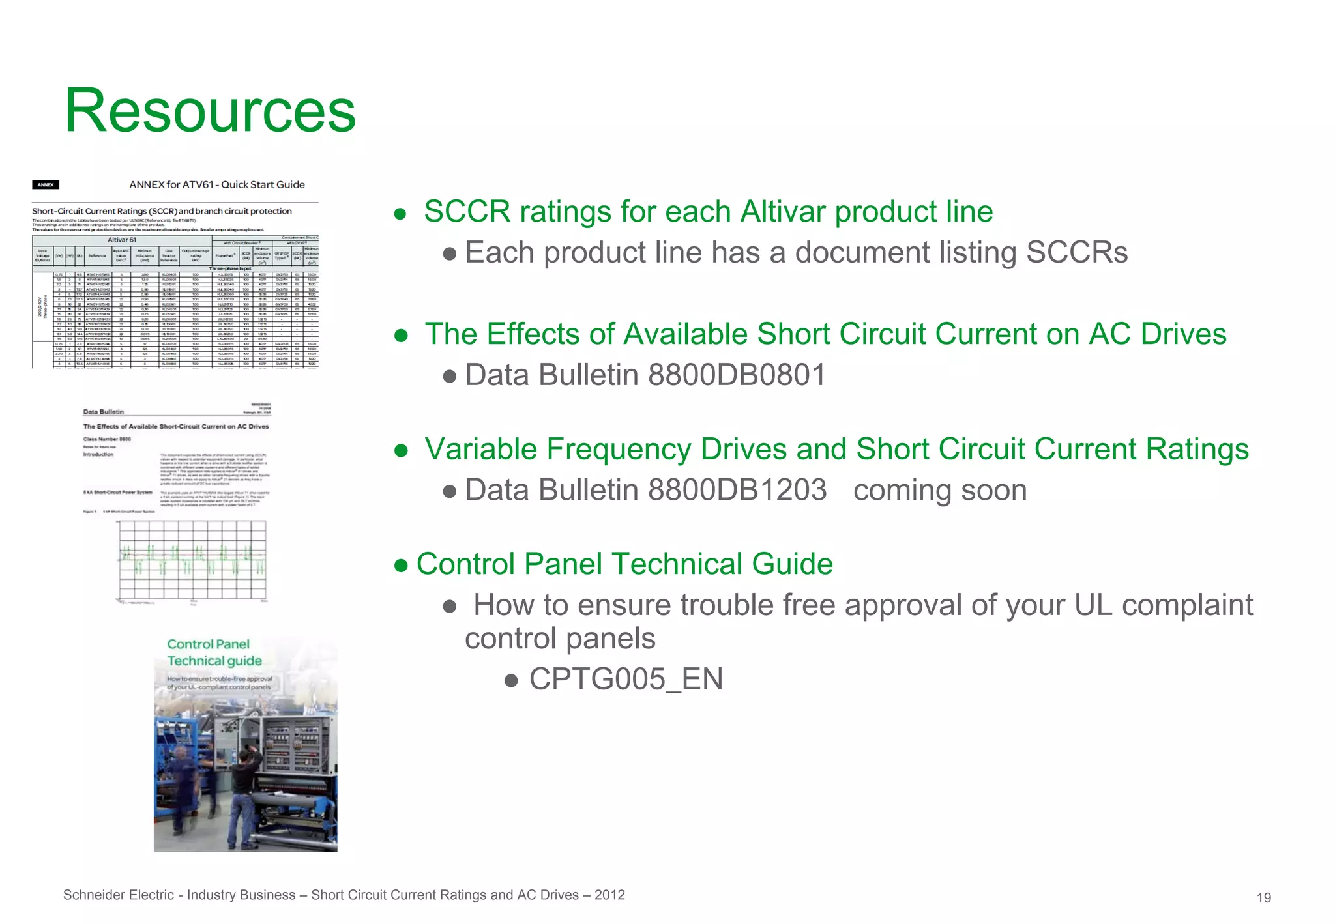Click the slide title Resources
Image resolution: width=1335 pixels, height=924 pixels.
pyautogui.click(x=210, y=111)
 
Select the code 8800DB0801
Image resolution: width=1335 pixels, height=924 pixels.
pyautogui.click(x=737, y=375)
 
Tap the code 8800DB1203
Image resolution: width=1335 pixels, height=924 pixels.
pyautogui.click(x=737, y=490)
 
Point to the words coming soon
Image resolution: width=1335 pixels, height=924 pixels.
pyautogui.click(x=939, y=490)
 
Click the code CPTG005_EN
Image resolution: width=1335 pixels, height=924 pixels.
pyautogui.click(x=626, y=679)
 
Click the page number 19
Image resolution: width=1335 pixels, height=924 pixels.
pyautogui.click(x=1263, y=898)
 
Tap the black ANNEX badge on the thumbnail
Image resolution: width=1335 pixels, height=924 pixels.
pyautogui.click(x=46, y=185)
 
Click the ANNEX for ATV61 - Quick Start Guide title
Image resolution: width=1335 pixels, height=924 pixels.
pyautogui.click(x=216, y=185)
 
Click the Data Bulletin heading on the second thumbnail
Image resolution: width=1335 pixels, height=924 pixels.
pyautogui.click(x=103, y=412)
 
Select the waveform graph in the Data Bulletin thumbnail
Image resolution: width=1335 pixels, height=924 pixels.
pyautogui.click(x=192, y=560)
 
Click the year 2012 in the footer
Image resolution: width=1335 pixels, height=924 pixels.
pyautogui.click(x=609, y=895)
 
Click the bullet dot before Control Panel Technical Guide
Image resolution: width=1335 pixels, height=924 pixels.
pyautogui.click(x=401, y=565)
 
